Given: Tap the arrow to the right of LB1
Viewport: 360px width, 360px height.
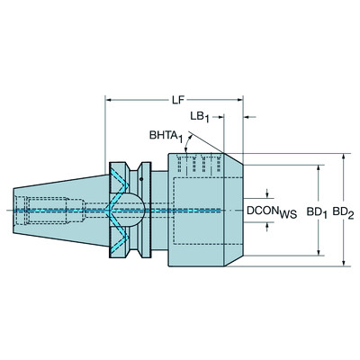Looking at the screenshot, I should (x=251, y=116).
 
